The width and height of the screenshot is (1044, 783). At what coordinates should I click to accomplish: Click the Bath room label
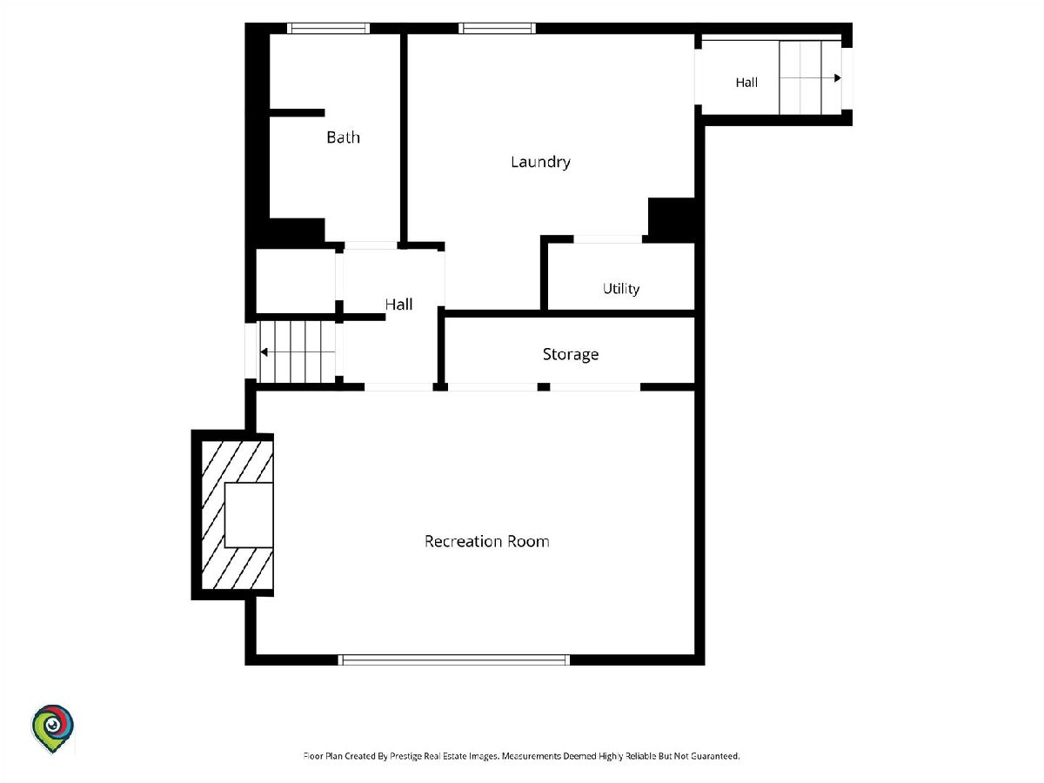tap(343, 137)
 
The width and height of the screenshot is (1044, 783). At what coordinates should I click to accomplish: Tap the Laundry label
tap(540, 162)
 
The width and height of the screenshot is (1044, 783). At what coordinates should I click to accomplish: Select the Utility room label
tap(620, 289)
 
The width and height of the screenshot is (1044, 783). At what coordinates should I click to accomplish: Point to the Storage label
tap(570, 354)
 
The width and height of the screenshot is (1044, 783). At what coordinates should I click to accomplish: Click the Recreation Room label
tap(486, 541)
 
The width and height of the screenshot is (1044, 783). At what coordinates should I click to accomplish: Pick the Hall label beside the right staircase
tap(746, 83)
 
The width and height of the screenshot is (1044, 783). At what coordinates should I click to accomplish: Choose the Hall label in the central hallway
tap(398, 304)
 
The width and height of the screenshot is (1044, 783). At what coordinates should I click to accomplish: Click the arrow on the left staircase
tap(298, 352)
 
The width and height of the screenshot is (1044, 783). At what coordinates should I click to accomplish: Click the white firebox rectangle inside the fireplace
tap(248, 515)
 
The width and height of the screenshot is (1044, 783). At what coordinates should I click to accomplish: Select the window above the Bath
tap(328, 29)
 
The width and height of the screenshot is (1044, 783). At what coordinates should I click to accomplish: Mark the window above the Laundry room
tap(497, 29)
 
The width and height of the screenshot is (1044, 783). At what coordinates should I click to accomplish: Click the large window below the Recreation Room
tap(454, 659)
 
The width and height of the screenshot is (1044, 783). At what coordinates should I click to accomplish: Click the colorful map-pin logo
tap(52, 729)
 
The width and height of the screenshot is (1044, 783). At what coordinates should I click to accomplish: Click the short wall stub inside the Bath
tap(298, 113)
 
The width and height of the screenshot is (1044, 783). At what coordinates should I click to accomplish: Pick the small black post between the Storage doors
tap(544, 387)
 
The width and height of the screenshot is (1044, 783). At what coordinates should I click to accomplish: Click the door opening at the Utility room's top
tap(608, 239)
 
